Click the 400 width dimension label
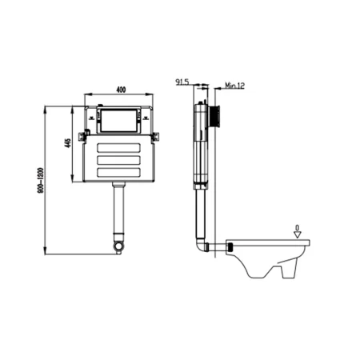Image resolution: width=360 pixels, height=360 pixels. [121, 90]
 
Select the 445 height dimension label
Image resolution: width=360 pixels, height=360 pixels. [68, 143]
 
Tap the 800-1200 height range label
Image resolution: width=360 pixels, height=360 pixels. [41, 180]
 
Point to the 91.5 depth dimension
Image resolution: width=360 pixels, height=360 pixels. [182, 82]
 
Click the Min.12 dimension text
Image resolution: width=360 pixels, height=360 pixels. [234, 86]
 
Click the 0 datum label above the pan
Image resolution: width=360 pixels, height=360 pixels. [298, 228]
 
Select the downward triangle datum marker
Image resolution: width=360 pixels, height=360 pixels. [298, 234]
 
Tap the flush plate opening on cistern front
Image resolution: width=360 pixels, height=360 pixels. [119, 121]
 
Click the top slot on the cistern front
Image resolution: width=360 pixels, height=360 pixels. [118, 148]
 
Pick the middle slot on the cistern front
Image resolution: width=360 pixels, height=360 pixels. [118, 160]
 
